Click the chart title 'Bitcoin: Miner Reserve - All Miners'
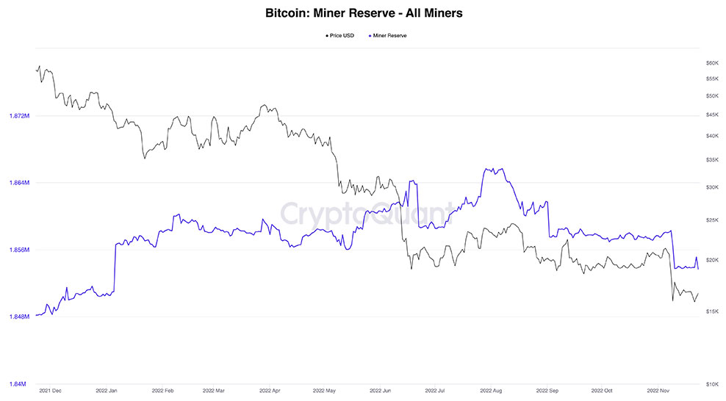pos(363,13)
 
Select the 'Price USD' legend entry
pos(341,35)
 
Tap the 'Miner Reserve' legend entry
pos(389,35)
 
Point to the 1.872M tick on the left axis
pos(18,116)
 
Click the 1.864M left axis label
pos(18,183)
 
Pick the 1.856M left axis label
pos(18,250)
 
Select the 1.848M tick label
pos(18,317)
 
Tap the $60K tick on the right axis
pos(711,63)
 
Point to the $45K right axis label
pos(711,115)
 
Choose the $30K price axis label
pos(711,187)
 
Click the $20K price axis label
pos(711,260)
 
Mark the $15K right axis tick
pos(711,312)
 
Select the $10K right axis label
pos(711,384)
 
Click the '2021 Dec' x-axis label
pos(51,391)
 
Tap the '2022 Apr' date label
pos(270,391)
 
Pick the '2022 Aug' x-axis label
pos(490,391)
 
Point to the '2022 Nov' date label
pos(658,391)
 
